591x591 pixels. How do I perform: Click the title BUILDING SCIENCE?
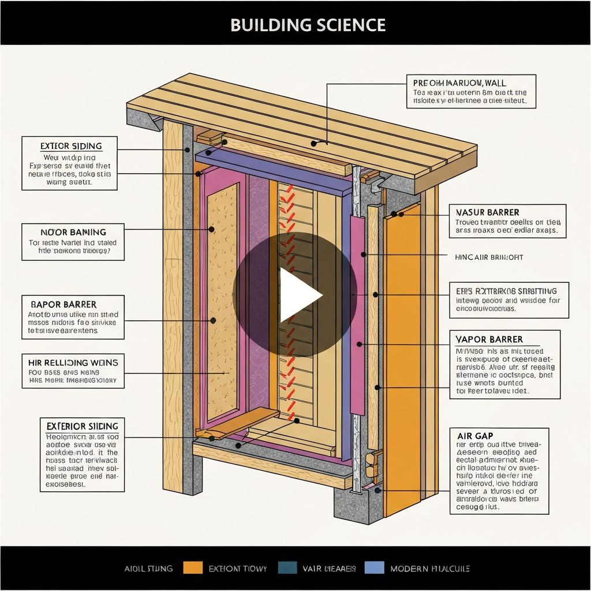[308, 25]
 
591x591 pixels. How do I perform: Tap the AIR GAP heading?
[474, 435]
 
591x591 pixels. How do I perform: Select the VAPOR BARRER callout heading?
[489, 339]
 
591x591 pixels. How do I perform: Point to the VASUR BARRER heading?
[487, 212]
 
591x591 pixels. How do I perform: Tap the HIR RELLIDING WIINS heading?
[73, 362]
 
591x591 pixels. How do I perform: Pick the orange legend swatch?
[193, 568]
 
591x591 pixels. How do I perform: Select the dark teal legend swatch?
[287, 568]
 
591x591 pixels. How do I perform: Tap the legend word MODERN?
[410, 568]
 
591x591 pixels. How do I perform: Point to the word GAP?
[483, 435]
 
